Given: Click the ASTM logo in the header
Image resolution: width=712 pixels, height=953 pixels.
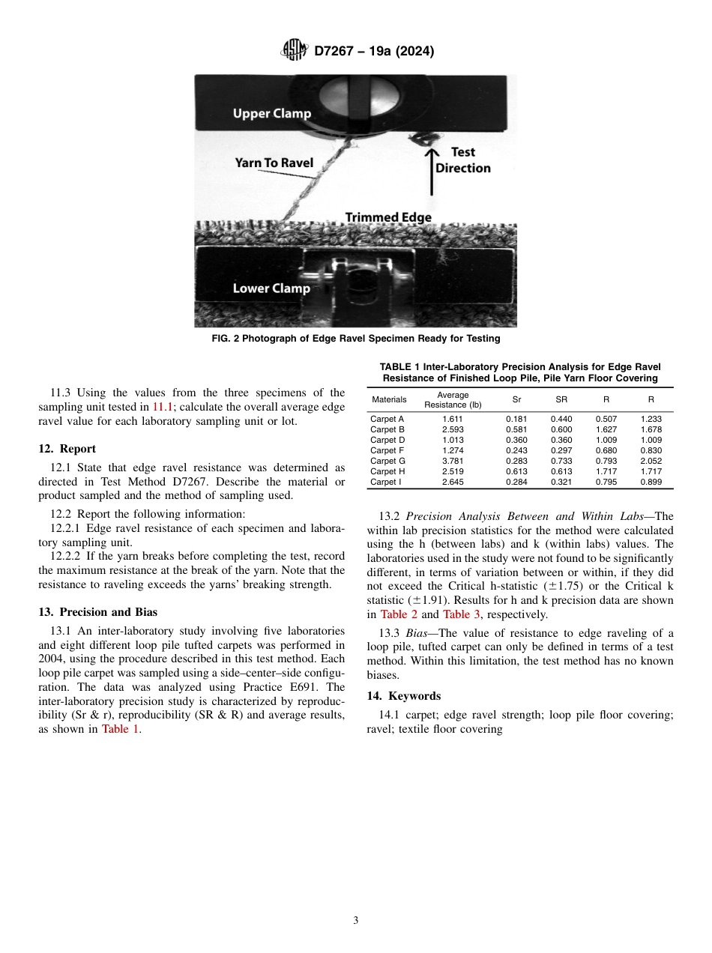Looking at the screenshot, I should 294,51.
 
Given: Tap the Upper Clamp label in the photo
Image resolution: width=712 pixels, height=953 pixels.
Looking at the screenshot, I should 271,114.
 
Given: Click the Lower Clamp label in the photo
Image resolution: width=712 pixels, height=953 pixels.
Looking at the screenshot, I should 271,288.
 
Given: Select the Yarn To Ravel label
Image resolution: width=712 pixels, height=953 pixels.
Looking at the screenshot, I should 274,163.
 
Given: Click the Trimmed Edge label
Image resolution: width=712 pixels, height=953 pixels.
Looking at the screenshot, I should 388,217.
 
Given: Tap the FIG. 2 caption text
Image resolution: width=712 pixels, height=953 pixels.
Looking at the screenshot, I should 355,339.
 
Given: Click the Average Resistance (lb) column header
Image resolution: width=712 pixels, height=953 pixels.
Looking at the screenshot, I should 453,400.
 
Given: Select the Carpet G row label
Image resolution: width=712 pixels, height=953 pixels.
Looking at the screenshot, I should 387,461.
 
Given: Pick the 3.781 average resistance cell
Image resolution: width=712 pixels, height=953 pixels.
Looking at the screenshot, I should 452,461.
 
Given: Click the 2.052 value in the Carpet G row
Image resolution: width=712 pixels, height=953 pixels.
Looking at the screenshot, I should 651,461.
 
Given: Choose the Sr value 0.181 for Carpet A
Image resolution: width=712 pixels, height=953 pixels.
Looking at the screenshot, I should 516,419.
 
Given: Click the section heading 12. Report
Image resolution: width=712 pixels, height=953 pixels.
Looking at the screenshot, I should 67,449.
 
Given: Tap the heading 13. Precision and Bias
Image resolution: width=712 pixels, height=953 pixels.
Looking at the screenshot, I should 97,612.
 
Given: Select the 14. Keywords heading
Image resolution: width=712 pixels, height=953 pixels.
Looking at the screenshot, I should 403,696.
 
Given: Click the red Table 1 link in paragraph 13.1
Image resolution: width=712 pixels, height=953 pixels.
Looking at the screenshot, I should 120,729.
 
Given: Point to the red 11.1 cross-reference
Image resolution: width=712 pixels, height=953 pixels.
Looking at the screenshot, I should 163,407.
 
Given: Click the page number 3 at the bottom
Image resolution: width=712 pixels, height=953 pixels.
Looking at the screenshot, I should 356,921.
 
